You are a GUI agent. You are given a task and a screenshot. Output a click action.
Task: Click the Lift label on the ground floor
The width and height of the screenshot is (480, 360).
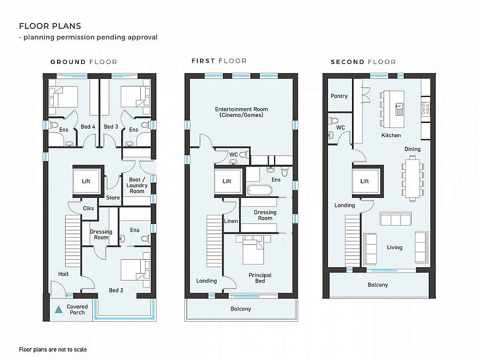(86, 181)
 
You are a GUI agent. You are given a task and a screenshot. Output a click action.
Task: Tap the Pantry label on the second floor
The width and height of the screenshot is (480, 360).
(339, 96)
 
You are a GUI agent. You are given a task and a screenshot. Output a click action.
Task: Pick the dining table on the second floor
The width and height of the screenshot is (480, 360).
(411, 177)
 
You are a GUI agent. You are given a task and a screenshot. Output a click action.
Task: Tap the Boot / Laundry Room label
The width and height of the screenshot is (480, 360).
(137, 185)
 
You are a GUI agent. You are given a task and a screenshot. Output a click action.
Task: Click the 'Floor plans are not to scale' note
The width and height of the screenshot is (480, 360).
(53, 350)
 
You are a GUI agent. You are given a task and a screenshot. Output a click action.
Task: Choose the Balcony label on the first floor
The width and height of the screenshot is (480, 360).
(241, 309)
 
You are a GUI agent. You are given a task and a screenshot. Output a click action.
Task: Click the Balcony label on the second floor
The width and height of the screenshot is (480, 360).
(378, 285)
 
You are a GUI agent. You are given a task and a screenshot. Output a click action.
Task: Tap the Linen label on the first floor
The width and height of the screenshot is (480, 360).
(230, 221)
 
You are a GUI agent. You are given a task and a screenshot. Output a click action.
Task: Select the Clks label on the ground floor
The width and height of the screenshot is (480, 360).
(89, 209)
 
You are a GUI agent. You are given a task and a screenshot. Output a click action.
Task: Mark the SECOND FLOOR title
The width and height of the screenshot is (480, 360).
(363, 62)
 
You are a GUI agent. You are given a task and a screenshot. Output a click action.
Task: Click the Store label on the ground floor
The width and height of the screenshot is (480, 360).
(113, 198)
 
